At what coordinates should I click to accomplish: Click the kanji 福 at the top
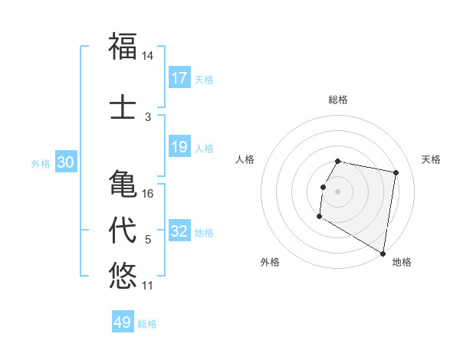123,47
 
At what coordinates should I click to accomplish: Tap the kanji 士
123,108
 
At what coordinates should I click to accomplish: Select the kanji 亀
123,185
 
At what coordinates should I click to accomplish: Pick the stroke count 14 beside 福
148,56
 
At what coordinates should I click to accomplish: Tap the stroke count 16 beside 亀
148,194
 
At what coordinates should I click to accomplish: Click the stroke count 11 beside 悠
148,286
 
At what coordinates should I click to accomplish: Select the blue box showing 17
179,78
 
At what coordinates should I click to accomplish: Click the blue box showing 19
179,147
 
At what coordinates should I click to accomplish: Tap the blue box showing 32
179,231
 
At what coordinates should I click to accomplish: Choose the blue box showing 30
65,162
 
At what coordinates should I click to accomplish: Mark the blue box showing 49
123,322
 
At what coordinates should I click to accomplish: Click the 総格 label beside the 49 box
148,324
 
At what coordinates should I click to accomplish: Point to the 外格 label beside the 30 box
41,163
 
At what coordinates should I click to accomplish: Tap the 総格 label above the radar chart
338,100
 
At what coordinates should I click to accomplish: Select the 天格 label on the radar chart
432,159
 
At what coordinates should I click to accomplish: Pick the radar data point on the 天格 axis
396,173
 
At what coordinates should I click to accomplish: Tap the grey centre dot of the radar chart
337,191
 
